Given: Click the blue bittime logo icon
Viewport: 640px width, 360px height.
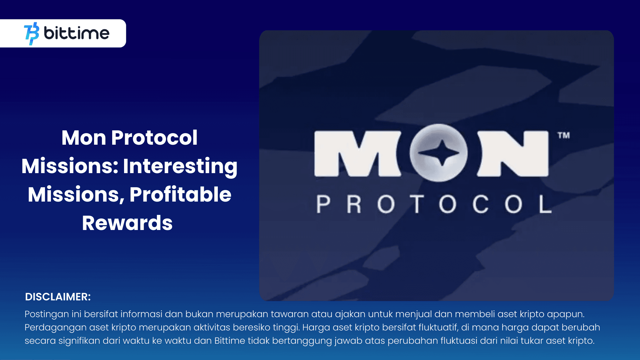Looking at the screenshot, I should pyautogui.click(x=32, y=33).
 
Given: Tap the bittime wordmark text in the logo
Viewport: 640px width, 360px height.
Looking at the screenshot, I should pyautogui.click(x=77, y=33).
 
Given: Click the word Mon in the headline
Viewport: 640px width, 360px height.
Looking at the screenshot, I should pyautogui.click(x=84, y=137).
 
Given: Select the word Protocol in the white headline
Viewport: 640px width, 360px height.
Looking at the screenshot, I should pyautogui.click(x=154, y=137).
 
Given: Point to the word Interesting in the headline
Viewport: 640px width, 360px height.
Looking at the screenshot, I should pyautogui.click(x=180, y=166).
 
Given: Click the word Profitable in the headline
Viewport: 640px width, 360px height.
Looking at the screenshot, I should pyautogui.click(x=180, y=194).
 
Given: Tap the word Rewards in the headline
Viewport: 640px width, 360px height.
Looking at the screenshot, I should pyautogui.click(x=127, y=223).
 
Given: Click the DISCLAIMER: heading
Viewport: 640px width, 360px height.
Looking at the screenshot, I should pyautogui.click(x=58, y=297).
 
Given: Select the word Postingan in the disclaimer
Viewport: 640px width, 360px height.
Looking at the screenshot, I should pyautogui.click(x=47, y=314).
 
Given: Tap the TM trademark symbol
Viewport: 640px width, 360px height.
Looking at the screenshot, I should pyautogui.click(x=564, y=135).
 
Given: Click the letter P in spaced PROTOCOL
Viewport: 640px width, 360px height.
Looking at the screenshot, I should pyautogui.click(x=323, y=204).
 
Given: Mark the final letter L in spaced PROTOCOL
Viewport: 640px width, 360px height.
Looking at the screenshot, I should pyautogui.click(x=545, y=204).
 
